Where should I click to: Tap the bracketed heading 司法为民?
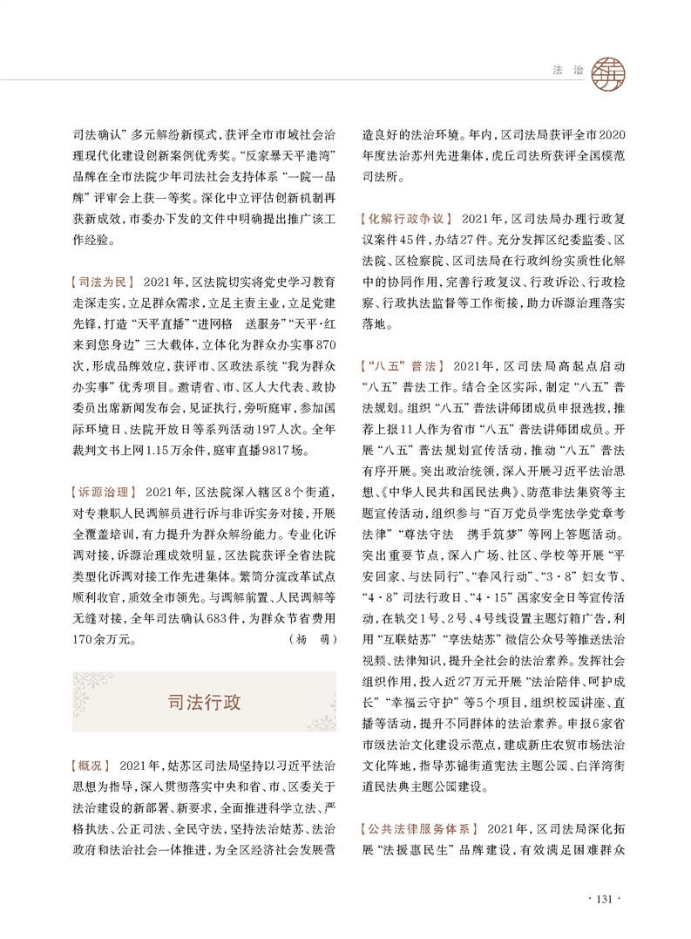click(x=102, y=282)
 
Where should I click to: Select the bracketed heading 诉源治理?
click(x=101, y=493)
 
